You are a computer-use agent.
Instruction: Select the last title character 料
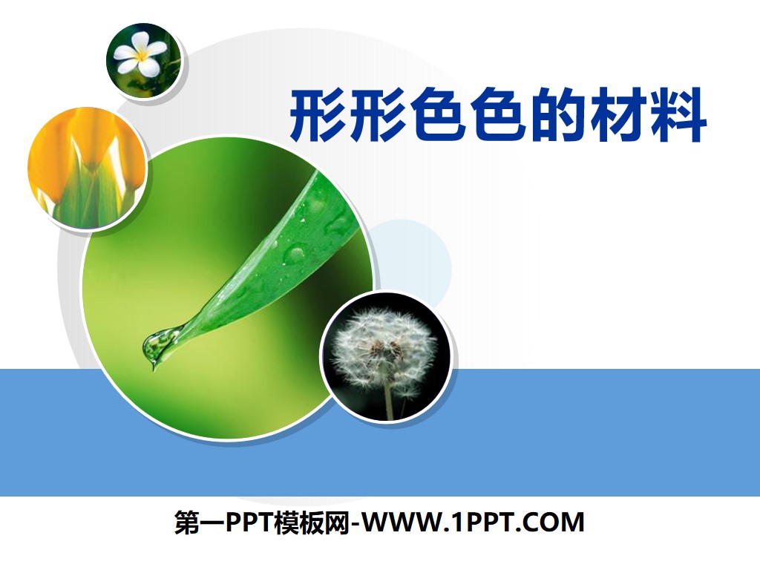678,117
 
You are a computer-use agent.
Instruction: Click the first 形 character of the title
318,117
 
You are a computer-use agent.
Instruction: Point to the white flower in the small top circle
140,58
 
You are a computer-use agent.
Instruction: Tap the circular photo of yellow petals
87,168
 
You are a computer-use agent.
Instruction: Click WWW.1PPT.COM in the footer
476,523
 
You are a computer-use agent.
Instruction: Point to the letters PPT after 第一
246,523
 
